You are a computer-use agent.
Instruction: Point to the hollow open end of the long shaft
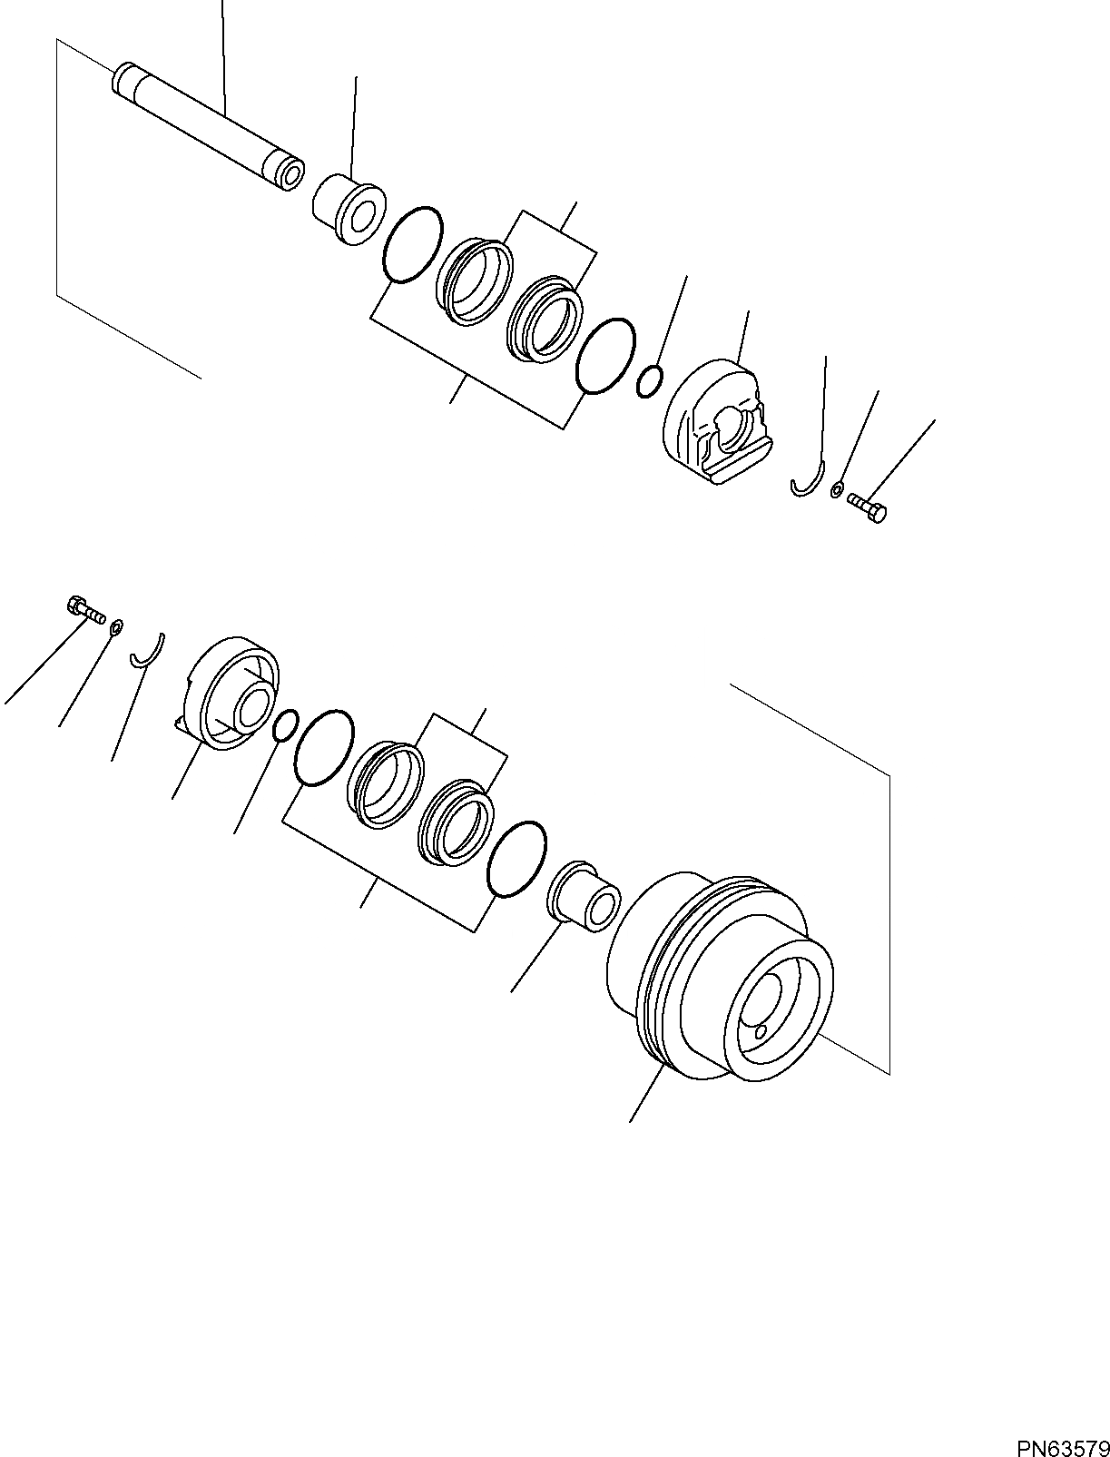291,176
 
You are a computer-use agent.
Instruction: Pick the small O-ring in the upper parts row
650,381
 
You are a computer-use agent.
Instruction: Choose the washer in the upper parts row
837,491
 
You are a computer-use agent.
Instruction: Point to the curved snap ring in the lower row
148,651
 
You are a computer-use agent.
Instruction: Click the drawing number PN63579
1062,1442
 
